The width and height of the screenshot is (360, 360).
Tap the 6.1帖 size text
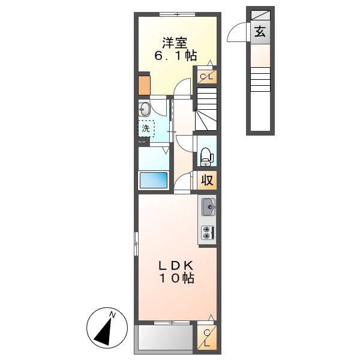click(175, 56)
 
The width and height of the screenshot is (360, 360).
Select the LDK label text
click(176, 265)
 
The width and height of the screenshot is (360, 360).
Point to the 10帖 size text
click(176, 278)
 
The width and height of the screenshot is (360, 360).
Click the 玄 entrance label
click(260, 32)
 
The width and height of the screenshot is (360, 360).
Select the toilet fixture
click(206, 155)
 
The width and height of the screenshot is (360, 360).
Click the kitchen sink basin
click(208, 208)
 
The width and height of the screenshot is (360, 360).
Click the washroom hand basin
click(144, 109)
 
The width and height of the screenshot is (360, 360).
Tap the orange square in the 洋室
click(144, 85)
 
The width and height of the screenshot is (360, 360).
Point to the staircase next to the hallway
click(206, 109)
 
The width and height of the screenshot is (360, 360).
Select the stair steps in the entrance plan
click(260, 79)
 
